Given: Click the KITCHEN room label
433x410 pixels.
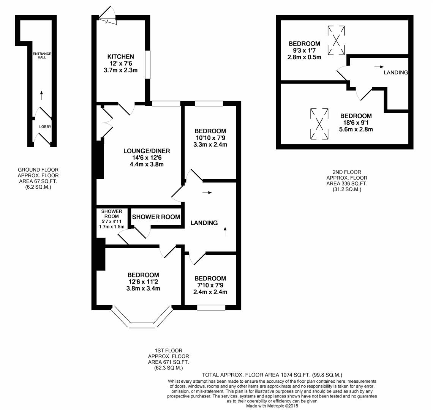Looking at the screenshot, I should point(120,57).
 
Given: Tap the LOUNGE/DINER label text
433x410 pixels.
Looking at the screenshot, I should point(147,151).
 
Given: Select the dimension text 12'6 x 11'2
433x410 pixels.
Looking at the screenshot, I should point(143,282).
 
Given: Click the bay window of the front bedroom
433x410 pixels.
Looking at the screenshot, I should point(142,325).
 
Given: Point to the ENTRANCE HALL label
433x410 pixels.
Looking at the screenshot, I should point(42,55).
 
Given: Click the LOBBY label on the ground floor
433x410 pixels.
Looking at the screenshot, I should point(45,127).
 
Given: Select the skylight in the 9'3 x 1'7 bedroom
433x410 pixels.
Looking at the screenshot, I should point(336,41).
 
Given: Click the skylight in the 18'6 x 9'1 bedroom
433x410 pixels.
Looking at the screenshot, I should point(319,124).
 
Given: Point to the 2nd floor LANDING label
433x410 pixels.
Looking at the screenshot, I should point(396,73).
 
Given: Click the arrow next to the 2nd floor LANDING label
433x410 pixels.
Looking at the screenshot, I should point(379,67).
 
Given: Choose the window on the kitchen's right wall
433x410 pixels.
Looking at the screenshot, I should point(147,65).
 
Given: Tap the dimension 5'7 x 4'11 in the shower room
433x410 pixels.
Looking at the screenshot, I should point(111,222).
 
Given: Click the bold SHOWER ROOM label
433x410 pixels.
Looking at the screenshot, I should point(156,217).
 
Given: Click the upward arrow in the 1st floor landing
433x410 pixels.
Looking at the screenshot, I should point(225,231).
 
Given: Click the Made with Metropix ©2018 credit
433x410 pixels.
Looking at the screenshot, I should point(272,405).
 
